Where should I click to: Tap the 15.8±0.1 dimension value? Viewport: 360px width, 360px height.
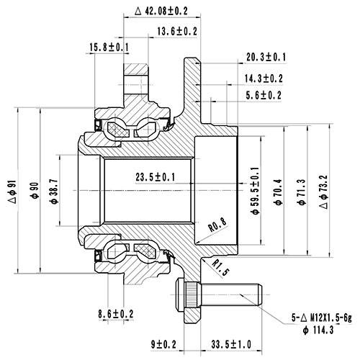click(109, 48)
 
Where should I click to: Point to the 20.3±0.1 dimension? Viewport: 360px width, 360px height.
click(266, 56)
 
